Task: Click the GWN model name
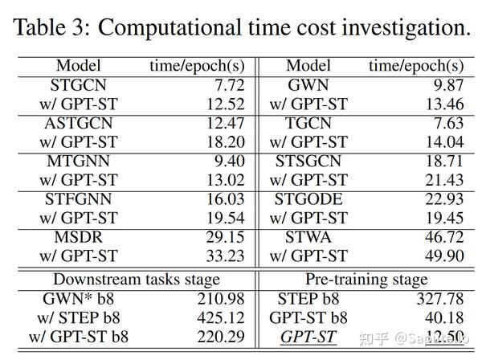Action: coord(308,84)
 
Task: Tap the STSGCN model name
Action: coord(308,161)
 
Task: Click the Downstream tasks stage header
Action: coord(137,279)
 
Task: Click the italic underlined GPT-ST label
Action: coord(308,337)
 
